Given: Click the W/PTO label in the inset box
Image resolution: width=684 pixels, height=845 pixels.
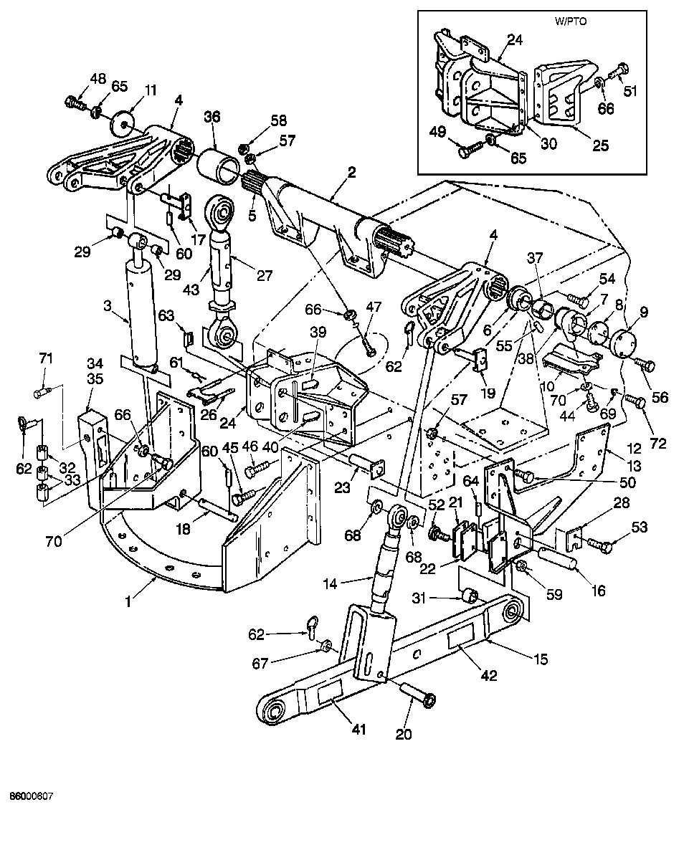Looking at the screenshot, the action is [x=570, y=22].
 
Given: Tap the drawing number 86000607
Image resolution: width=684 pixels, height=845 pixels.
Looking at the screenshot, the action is [x=31, y=796].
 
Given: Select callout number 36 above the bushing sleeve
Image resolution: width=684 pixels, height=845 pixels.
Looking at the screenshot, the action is [x=212, y=117].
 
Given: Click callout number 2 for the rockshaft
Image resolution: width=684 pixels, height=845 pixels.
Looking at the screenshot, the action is [x=351, y=173].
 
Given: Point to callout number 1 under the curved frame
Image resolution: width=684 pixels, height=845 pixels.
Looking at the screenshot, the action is [x=128, y=601].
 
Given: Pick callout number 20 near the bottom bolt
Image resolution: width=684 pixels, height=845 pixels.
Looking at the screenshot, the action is [x=403, y=734].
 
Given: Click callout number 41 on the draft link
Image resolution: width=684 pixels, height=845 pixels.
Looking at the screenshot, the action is [x=358, y=729].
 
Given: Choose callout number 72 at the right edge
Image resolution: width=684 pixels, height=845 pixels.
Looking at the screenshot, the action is [x=658, y=443].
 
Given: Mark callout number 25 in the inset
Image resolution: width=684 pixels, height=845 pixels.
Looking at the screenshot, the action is [x=600, y=145].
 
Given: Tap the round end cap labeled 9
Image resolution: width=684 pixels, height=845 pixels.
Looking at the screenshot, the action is [x=625, y=342].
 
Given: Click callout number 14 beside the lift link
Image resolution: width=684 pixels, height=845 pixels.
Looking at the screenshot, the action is [x=330, y=583].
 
